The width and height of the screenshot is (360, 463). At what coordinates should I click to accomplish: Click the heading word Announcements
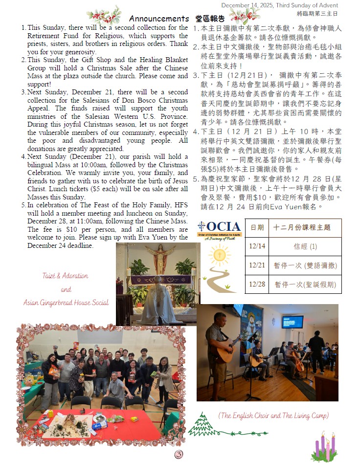pos(159,19)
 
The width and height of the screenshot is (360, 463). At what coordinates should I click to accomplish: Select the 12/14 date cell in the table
pos(257,246)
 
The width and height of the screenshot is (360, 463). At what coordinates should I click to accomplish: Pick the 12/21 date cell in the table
pos(257,265)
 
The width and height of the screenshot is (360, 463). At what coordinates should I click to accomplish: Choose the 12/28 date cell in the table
pos(257,284)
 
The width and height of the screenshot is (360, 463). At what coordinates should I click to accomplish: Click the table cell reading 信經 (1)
pos(305,246)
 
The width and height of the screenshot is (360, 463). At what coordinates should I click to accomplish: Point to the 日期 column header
pos(257,227)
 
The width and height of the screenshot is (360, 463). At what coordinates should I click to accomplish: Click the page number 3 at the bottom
pos(179,455)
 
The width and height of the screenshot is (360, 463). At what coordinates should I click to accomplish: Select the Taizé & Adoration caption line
pos(65,276)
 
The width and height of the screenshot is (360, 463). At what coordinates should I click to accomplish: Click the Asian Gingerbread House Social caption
pos(66,302)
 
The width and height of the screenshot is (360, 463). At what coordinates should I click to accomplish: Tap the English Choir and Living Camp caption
pos(273,416)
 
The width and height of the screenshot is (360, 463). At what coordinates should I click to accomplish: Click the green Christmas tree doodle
pos(199,425)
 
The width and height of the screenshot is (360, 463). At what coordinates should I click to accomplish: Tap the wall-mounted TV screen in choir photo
pos(293,322)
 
